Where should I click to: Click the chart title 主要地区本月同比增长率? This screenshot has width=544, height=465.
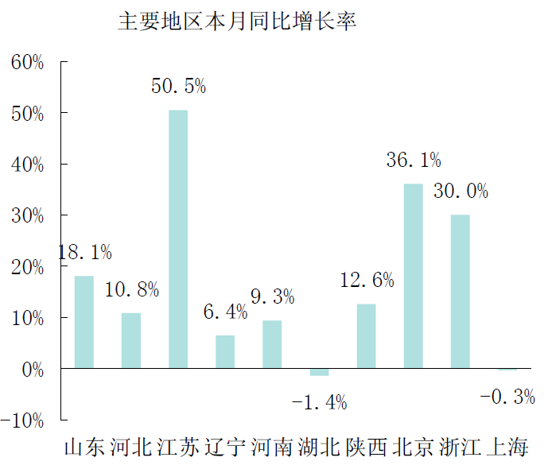(236, 21)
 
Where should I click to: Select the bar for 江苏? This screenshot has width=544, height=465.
(178, 239)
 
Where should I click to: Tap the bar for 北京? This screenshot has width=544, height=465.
(414, 276)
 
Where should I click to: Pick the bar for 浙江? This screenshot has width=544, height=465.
(460, 292)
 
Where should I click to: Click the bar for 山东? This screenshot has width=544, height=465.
(84, 322)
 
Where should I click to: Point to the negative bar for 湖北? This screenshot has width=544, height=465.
(319, 372)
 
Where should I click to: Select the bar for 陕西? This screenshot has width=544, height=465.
(367, 336)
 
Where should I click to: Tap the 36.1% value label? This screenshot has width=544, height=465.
(414, 160)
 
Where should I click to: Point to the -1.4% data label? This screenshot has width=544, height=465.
(319, 402)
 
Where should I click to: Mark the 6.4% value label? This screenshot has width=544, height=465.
(225, 312)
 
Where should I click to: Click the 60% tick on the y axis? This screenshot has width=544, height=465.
(27, 62)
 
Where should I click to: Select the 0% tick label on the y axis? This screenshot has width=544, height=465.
(33, 369)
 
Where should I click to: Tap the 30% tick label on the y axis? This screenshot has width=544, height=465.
(27, 215)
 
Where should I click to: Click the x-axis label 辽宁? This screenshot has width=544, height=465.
(225, 447)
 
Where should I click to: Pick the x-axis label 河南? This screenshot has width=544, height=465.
(272, 447)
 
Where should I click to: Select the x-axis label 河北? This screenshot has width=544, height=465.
(130, 447)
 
